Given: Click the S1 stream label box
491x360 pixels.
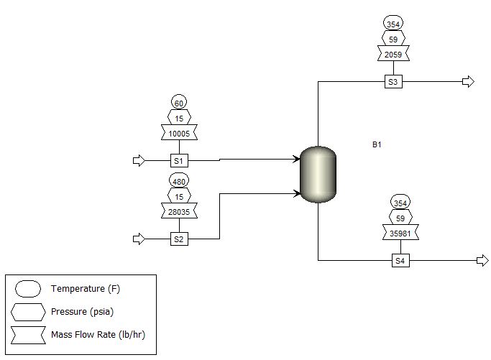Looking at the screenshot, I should [179, 160].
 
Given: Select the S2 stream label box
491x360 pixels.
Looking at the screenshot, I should [179, 239].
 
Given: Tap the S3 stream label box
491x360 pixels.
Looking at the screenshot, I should [393, 82].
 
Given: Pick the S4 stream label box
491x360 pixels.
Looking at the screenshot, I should [400, 261].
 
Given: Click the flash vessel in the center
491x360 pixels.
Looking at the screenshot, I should [318, 174].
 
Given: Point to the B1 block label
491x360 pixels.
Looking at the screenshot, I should [377, 145].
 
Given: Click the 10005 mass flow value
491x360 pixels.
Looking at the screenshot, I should [179, 133].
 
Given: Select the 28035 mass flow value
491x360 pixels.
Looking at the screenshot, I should [179, 211].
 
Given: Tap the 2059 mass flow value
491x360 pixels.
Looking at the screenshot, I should [393, 54].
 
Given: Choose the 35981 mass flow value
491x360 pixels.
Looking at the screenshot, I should [400, 233].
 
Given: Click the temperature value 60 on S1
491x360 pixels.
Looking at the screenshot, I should [179, 103].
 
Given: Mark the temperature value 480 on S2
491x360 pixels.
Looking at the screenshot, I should [179, 181].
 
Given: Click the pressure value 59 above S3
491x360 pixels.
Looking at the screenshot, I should [393, 38].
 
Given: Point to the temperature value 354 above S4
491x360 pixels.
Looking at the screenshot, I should [400, 202].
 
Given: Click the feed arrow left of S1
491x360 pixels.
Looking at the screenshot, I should [139, 160].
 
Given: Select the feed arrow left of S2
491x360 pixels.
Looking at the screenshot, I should [139, 239].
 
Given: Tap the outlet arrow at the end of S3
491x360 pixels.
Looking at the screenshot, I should [468, 82].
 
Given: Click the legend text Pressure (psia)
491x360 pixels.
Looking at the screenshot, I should [81, 312].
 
